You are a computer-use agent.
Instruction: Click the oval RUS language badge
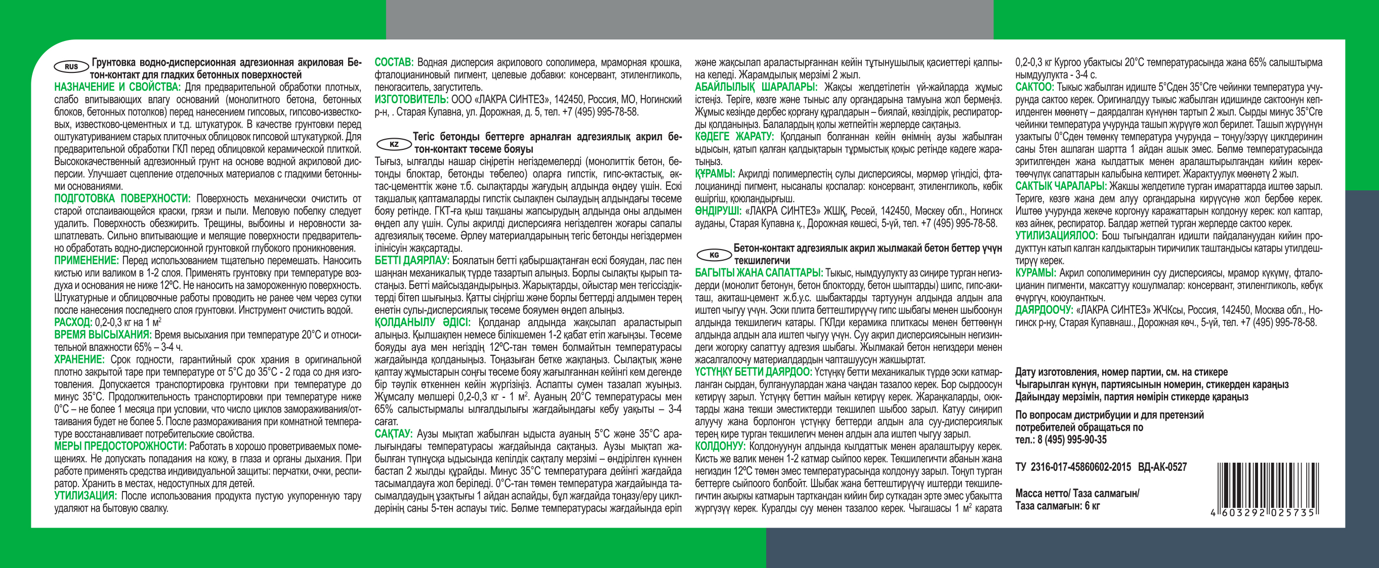tap(71, 67)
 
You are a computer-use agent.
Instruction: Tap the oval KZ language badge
tap(394, 144)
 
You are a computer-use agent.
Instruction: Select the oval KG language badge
tap(714, 255)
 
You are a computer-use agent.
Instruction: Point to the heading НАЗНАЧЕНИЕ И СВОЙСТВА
tap(117, 87)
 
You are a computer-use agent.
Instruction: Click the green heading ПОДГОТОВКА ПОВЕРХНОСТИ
tap(122, 198)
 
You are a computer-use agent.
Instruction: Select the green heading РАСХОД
tap(73, 322)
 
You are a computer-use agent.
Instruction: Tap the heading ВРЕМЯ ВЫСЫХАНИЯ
tap(103, 335)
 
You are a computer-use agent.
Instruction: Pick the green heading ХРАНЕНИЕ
tap(79, 360)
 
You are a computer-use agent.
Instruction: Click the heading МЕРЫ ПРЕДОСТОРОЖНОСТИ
tap(120, 447)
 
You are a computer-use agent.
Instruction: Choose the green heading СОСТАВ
tap(394, 63)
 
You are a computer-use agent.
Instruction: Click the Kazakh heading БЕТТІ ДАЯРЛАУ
tap(411, 261)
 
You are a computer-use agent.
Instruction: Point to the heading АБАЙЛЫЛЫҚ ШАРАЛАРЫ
tap(756, 87)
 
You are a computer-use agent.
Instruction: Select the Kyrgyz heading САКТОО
tap(1034, 87)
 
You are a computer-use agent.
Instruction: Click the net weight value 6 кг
tap(1090, 506)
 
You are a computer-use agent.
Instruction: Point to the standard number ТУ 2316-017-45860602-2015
tap(1073, 467)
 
